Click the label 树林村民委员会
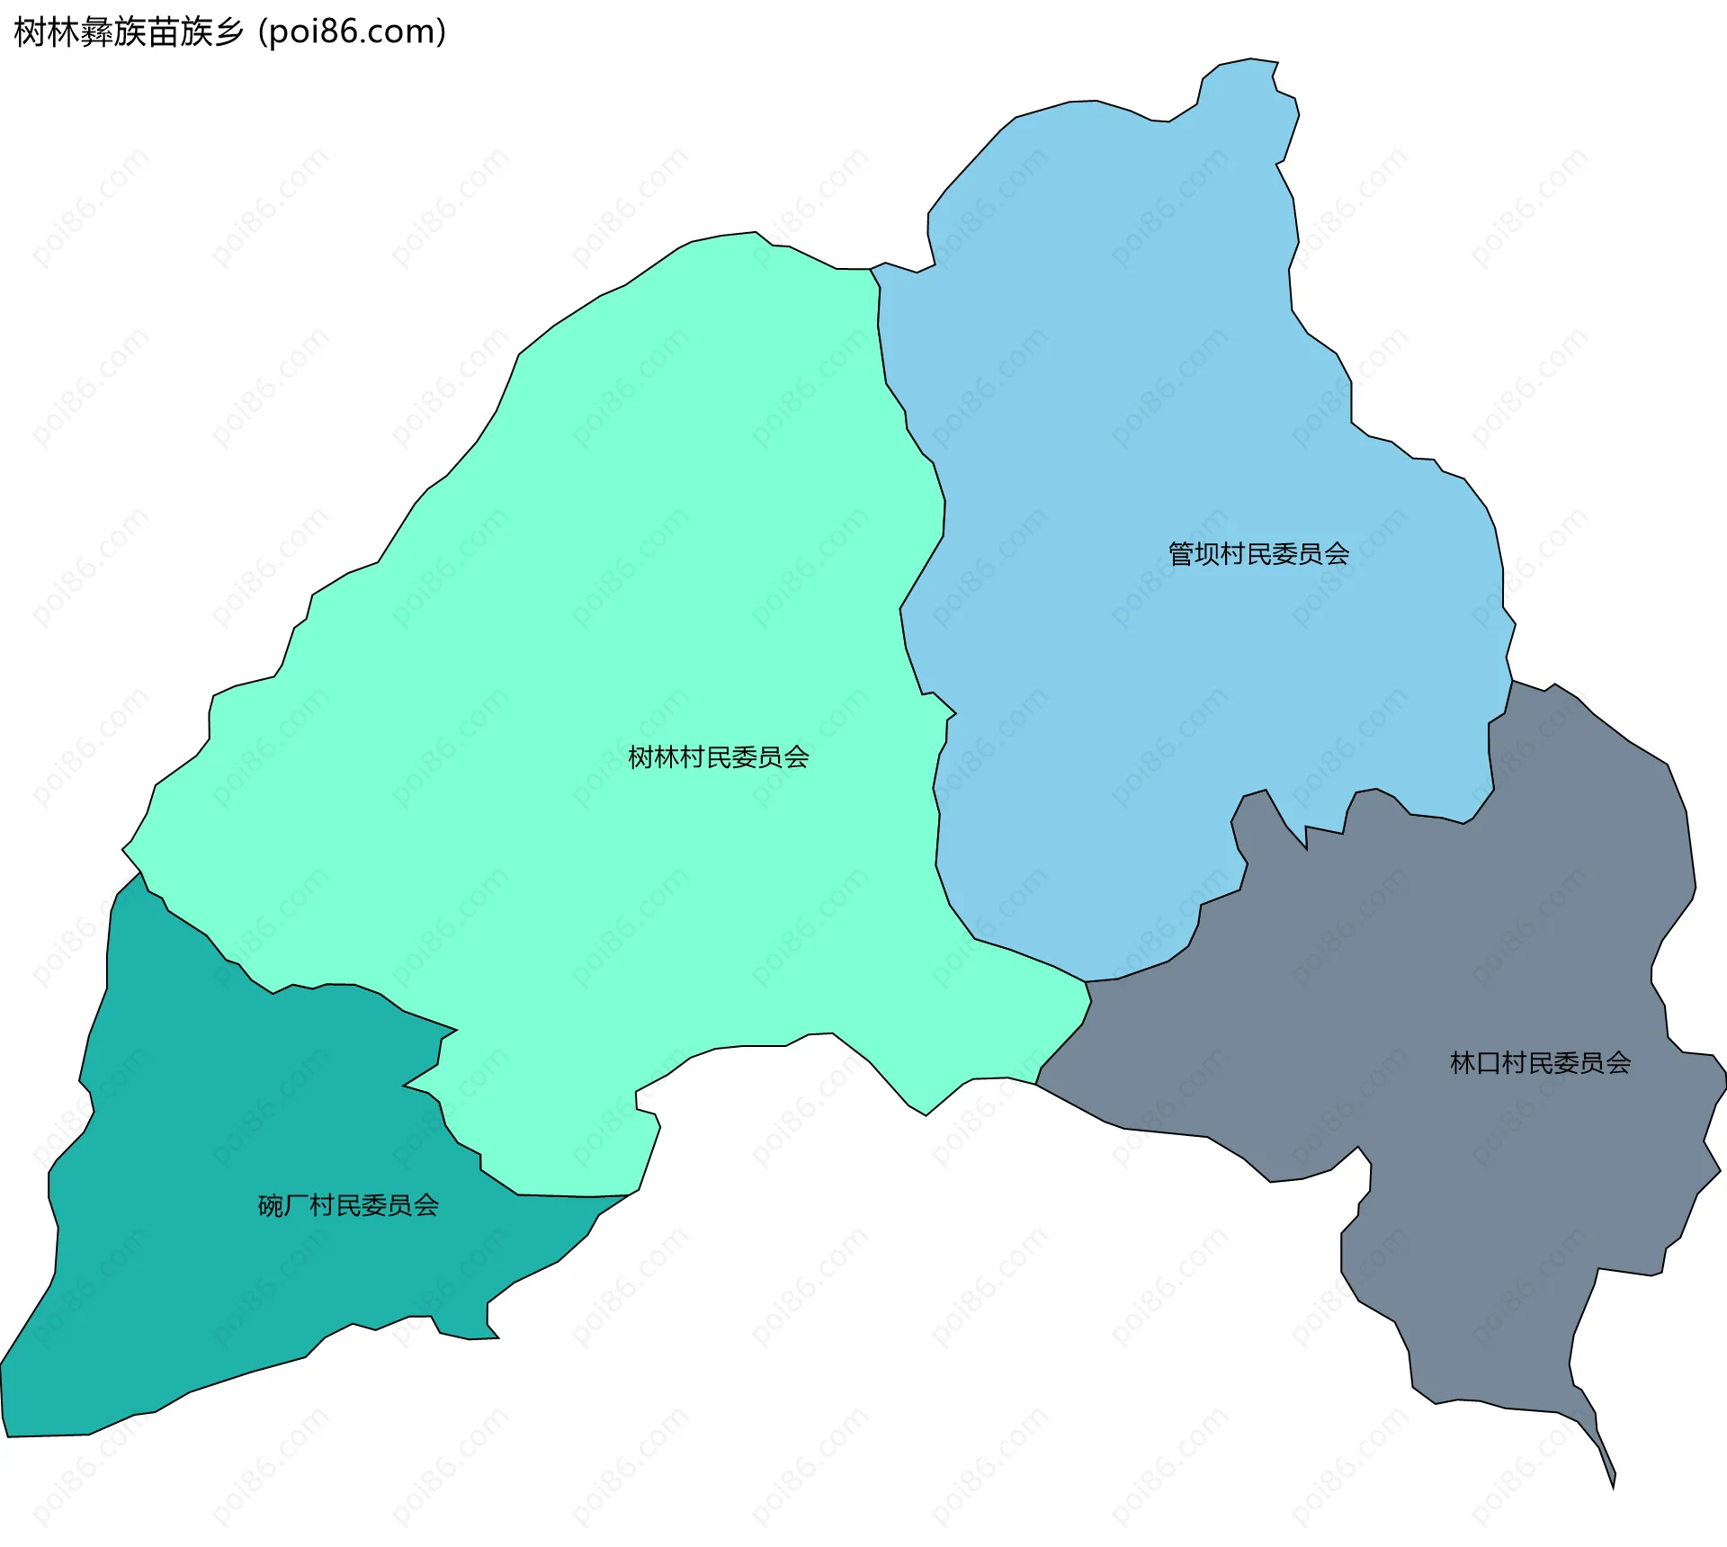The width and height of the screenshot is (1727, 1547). tap(718, 757)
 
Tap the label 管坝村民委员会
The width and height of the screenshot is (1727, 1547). tap(1258, 554)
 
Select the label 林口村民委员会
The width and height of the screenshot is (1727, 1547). tap(1540, 1063)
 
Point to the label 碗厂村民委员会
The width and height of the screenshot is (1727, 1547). tap(348, 1205)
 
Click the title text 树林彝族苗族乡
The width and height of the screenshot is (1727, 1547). tap(129, 32)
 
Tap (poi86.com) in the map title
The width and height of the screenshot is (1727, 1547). tap(353, 32)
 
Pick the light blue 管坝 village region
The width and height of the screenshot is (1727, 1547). tap(1169, 405)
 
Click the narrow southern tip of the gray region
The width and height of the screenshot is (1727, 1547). tap(1609, 1475)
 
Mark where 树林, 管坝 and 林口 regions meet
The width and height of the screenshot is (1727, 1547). tap(1086, 982)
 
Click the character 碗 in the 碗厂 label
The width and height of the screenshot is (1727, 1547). tap(271, 1205)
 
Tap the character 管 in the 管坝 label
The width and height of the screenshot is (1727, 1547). tap(1181, 554)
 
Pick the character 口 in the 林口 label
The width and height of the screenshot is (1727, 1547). tap(1489, 1063)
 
